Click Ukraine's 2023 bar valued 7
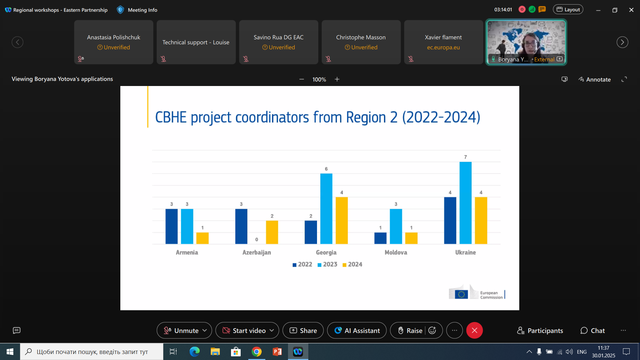[x=465, y=203]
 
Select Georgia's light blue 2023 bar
[x=326, y=209]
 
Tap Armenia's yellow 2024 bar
[x=202, y=238]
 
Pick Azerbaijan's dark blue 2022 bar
[x=241, y=226]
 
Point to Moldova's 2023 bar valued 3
[x=396, y=226]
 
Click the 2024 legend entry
[x=352, y=264]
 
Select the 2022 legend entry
[x=302, y=264]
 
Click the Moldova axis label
[x=396, y=252]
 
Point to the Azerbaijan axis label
[x=256, y=252]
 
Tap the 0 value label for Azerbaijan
[x=257, y=239]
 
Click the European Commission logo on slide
[x=477, y=292]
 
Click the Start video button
[x=245, y=330]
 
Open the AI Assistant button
[x=357, y=330]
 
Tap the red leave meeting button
[x=474, y=330]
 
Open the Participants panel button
[x=540, y=330]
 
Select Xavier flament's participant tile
[x=443, y=42]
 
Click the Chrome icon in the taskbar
[x=257, y=352]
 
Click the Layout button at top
[x=568, y=10]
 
